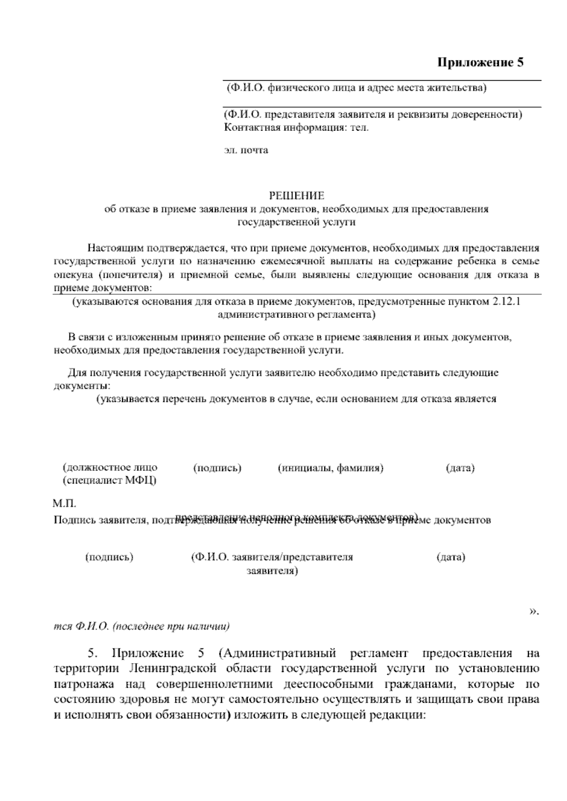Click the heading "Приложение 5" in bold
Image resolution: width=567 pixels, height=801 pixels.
point(481,63)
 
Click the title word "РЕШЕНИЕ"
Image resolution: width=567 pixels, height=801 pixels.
point(296,196)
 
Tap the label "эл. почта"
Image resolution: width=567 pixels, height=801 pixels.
point(246,151)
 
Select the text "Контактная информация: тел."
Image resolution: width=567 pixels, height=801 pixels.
point(296,127)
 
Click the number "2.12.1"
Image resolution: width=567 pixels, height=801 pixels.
point(506,302)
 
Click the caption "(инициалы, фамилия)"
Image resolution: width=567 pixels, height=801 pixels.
point(330,468)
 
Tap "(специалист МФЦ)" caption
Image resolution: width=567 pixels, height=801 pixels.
point(110,481)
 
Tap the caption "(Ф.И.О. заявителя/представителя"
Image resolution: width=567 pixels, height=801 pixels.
point(272,557)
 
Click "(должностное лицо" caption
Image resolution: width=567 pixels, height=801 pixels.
point(110,468)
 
